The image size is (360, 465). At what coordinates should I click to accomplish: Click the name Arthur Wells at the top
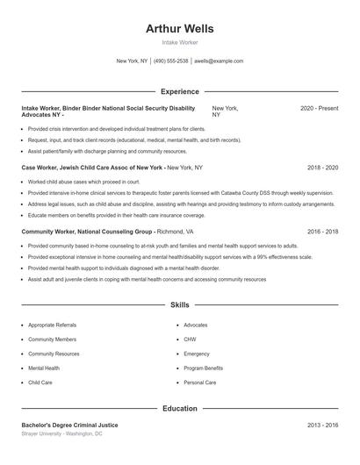point(179,28)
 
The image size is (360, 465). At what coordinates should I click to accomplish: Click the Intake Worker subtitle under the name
point(179,42)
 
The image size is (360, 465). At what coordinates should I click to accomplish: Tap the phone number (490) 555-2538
point(171,61)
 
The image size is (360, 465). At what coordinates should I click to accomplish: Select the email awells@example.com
point(218,61)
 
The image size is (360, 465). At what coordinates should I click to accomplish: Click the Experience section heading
point(179,91)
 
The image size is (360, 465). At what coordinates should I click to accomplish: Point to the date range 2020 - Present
point(319,108)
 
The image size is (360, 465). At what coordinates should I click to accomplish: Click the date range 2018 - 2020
point(322,167)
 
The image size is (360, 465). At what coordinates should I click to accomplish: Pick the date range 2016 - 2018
point(322,232)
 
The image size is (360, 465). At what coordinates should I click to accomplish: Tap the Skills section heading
point(179,305)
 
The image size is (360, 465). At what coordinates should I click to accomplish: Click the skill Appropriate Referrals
point(52,325)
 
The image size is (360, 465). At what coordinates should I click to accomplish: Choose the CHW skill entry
point(189,340)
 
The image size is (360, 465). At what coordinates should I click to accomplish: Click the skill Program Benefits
point(203,368)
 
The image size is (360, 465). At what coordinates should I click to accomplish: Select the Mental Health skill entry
point(44,368)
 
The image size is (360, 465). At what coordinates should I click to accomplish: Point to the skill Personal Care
point(200,383)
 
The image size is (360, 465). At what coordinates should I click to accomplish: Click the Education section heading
point(179,408)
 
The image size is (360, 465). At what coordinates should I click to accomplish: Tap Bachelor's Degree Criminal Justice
point(69,425)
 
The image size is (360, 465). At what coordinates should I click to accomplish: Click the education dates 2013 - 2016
point(322,425)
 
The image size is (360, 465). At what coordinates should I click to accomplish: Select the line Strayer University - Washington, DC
point(62,433)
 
